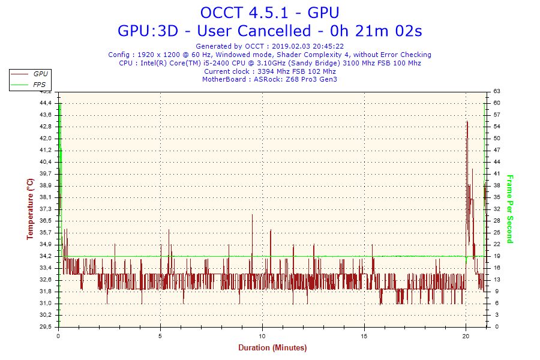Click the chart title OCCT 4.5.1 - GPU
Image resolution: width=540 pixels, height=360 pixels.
pyautogui.click(x=269, y=13)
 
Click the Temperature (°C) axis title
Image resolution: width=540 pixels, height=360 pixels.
pyautogui.click(x=31, y=209)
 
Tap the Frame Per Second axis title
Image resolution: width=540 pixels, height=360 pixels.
pyautogui.click(x=510, y=209)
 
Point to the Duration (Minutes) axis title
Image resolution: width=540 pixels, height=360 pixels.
pyautogui.click(x=272, y=347)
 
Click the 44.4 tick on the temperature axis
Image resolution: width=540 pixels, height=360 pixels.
pyautogui.click(x=46, y=103)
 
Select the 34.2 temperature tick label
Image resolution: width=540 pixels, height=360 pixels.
pyautogui.click(x=46, y=256)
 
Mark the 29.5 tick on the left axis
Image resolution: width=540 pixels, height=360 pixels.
pyautogui.click(x=46, y=326)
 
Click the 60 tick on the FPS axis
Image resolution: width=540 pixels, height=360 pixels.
pyautogui.click(x=497, y=103)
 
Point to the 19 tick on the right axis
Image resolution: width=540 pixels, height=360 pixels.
pyautogui.click(x=497, y=256)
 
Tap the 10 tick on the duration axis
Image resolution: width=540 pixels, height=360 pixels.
pyautogui.click(x=262, y=336)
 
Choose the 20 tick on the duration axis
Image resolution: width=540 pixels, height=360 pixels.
pyautogui.click(x=466, y=336)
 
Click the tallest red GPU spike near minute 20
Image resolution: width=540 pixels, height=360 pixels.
pyautogui.click(x=467, y=122)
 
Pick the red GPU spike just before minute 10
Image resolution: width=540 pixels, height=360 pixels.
pyautogui.click(x=252, y=215)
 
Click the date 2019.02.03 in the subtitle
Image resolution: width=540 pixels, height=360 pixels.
pyautogui.click(x=291, y=46)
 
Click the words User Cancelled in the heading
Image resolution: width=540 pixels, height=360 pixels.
pyautogui.click(x=254, y=31)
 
